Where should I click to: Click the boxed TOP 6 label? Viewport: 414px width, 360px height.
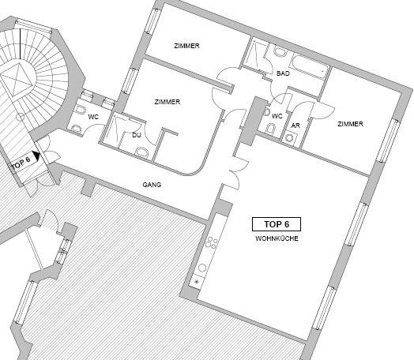277,224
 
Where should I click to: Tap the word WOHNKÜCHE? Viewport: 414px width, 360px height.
277,238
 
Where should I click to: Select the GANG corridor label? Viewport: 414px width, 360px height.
152,185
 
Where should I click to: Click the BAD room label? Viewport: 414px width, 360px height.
283,73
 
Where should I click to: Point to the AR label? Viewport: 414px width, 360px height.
295,126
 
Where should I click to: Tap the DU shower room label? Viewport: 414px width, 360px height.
137,135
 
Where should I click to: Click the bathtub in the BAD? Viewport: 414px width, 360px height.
309,66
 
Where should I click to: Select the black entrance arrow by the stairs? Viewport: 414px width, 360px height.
36,156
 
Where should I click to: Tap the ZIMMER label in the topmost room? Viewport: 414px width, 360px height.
186,46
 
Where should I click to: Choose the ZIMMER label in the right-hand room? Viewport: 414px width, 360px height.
350,124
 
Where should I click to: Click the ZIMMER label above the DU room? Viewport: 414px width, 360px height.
167,102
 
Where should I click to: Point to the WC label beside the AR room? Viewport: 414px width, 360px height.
277,116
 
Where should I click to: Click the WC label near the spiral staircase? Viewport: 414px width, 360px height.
93,117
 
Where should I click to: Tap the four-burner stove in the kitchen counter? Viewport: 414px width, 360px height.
212,242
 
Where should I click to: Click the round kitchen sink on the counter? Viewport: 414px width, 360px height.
202,268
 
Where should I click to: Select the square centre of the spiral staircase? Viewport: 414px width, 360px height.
17,79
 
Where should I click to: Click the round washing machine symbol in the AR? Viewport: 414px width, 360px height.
290,137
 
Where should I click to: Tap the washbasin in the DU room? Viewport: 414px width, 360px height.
141,152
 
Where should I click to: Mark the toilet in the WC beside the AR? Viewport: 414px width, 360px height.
270,129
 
